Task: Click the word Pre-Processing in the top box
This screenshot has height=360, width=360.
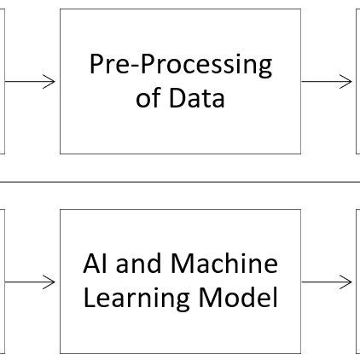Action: pyautogui.click(x=180, y=65)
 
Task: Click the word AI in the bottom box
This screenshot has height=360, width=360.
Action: pyautogui.click(x=96, y=264)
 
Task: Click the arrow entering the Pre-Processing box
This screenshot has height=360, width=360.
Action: pyautogui.click(x=30, y=82)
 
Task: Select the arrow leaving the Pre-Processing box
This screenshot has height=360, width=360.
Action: pyautogui.click(x=327, y=82)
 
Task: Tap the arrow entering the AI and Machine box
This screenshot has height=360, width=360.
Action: pyautogui.click(x=30, y=280)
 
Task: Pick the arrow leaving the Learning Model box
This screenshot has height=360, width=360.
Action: pyautogui.click(x=327, y=280)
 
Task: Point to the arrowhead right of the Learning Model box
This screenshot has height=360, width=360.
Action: pyautogui.click(x=347, y=280)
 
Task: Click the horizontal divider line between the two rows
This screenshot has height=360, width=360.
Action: pyautogui.click(x=180, y=182)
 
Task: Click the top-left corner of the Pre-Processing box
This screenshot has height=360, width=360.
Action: pyautogui.click(x=60, y=9)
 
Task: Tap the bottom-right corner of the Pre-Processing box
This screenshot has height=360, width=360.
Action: pyautogui.click(x=301, y=154)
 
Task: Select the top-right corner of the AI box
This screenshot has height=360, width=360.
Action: pyautogui.click(x=301, y=208)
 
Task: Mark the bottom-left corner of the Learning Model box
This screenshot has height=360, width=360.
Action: pyautogui.click(x=60, y=351)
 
